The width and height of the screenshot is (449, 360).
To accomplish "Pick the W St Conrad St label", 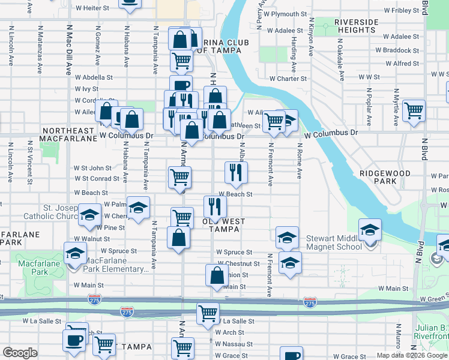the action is coord(96,178).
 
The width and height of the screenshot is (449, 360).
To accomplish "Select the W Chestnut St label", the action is coord(239,263).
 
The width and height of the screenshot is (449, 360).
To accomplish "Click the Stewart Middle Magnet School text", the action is coord(334,242).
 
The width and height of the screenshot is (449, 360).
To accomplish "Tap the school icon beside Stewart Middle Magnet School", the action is coord(370,230).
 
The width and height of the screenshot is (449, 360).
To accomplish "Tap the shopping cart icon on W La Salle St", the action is coord(208,313).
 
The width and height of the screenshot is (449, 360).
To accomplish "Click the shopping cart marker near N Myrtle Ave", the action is coord(414,110).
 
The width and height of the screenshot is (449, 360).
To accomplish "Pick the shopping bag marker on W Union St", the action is coord(217,275).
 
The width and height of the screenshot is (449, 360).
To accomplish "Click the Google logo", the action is coord(19,353).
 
